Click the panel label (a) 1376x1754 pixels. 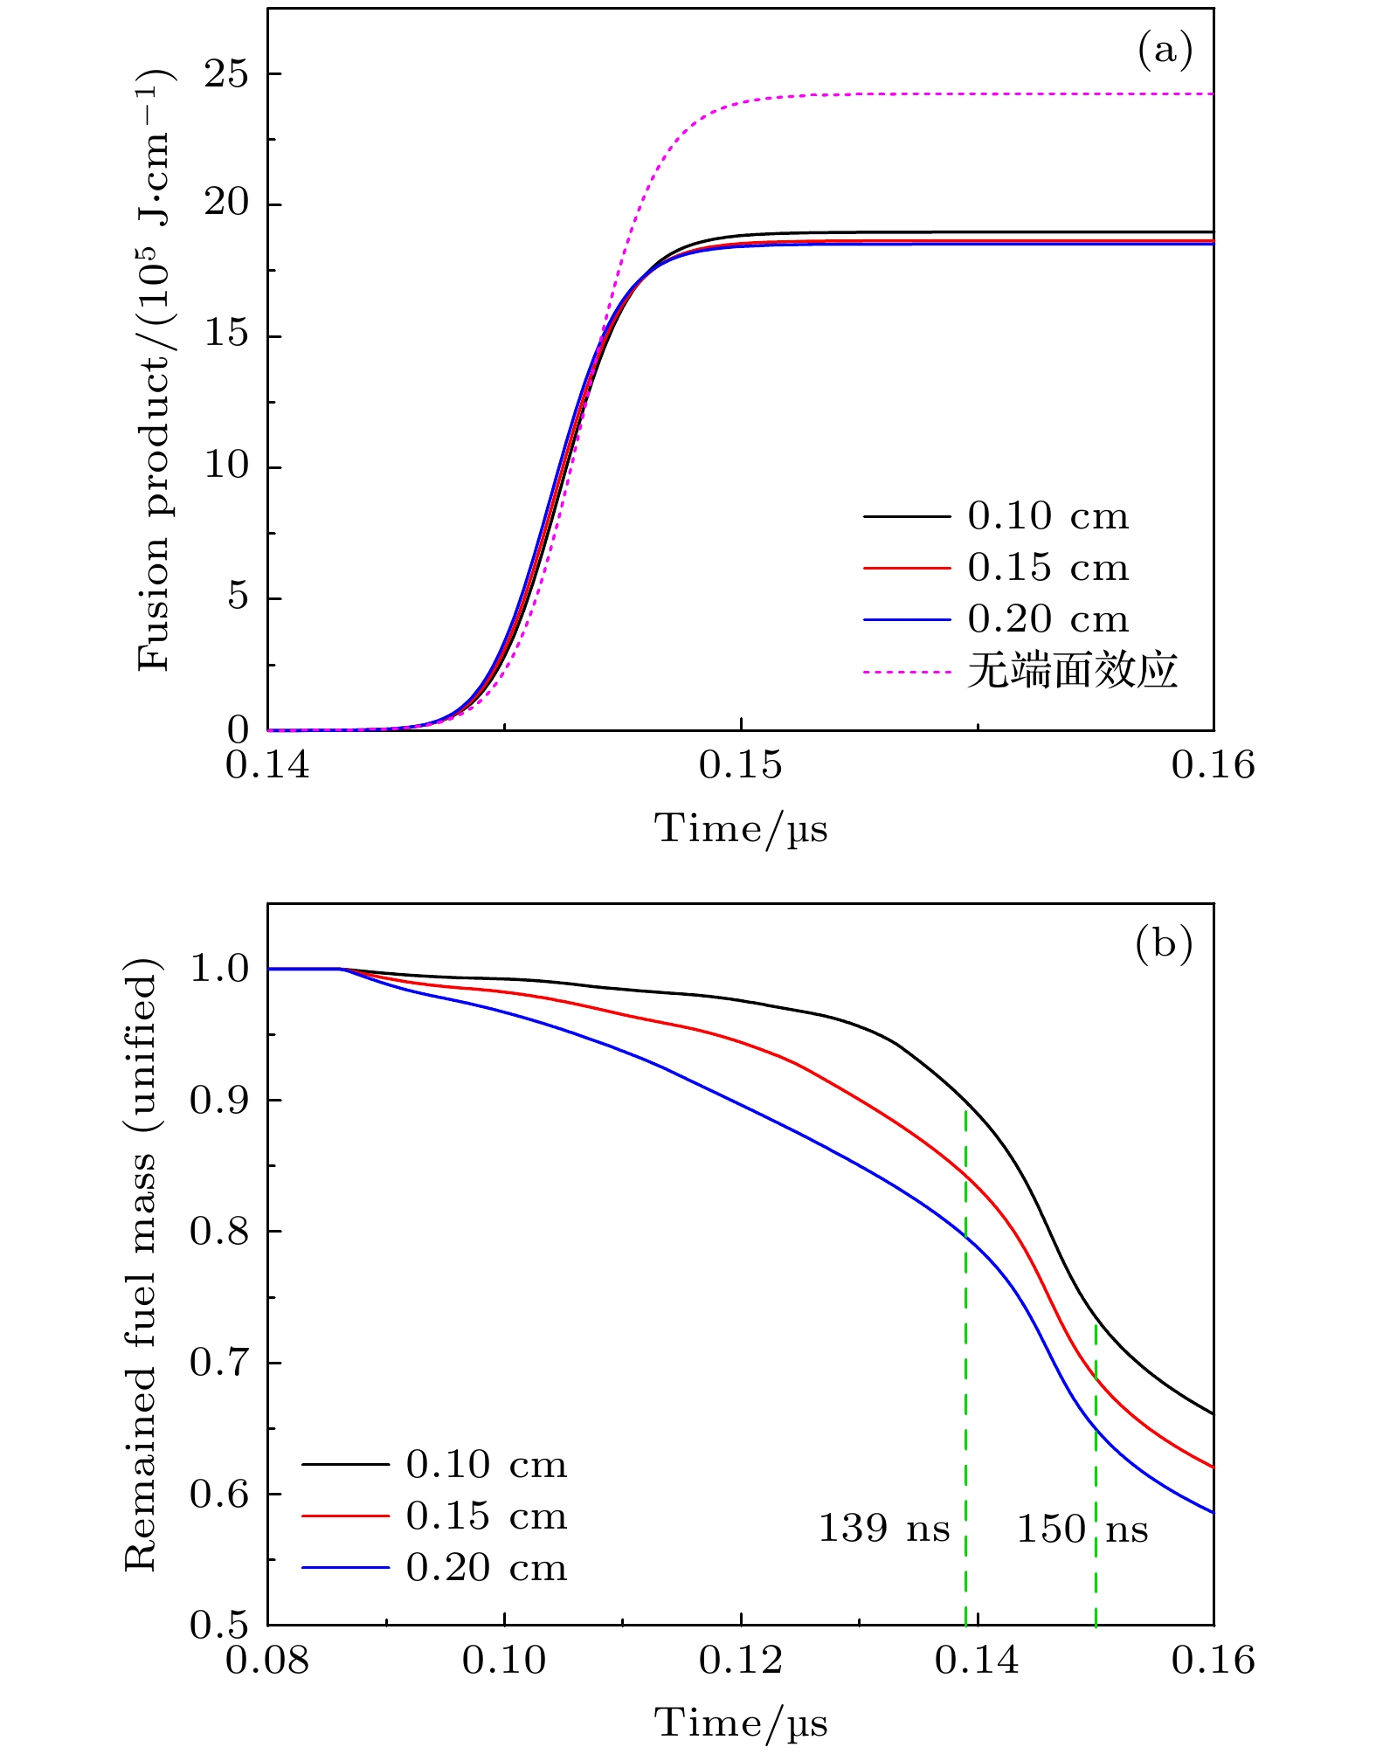click(1165, 51)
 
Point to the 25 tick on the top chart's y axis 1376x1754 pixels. click(225, 73)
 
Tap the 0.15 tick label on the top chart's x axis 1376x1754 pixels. click(741, 765)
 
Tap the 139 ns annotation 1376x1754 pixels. click(883, 1529)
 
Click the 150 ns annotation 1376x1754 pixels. click(1082, 1529)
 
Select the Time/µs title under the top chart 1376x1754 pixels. click(741, 828)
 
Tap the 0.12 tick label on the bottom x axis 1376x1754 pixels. click(741, 1661)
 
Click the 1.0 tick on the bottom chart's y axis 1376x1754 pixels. click(218, 969)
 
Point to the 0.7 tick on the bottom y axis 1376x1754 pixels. click(218, 1363)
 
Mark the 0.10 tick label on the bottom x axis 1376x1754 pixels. click(504, 1661)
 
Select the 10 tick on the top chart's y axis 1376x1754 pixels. click(225, 466)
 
